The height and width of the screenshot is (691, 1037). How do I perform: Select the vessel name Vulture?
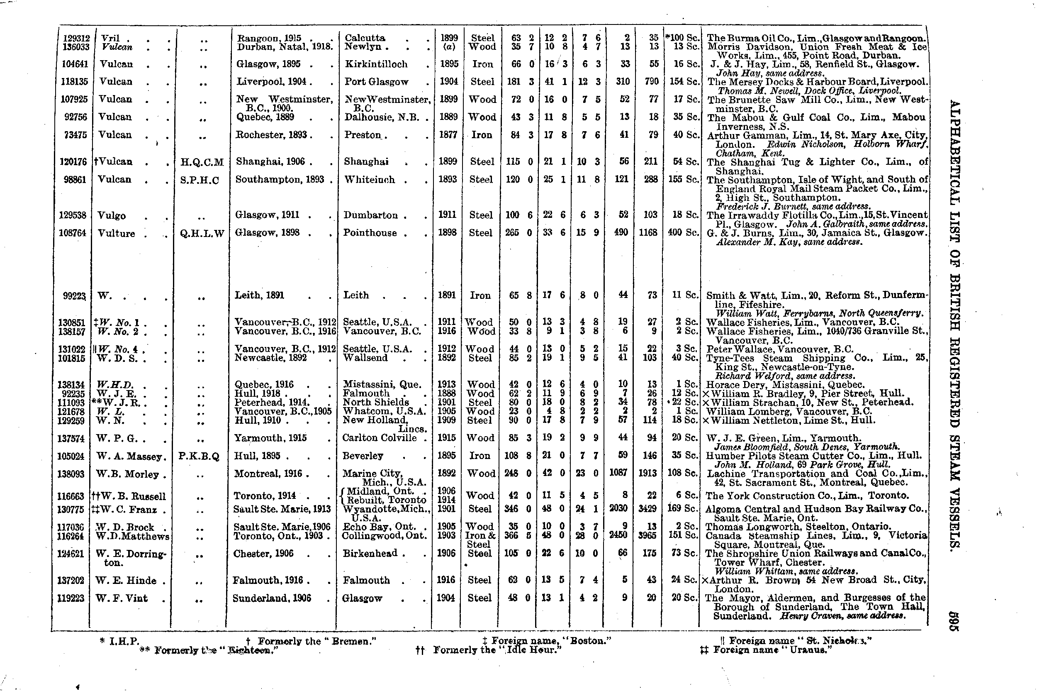tap(117, 234)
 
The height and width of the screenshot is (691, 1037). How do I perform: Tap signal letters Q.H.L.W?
tap(202, 234)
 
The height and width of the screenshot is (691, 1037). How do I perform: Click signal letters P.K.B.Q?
tap(199, 457)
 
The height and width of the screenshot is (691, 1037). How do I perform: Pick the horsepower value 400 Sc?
tap(683, 232)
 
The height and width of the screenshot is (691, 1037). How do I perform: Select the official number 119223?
tap(71, 598)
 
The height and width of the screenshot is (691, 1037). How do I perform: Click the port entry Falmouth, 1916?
tap(268, 580)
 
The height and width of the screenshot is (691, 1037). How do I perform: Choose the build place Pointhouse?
tap(370, 233)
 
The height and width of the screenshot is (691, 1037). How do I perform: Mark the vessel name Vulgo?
tap(112, 216)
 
